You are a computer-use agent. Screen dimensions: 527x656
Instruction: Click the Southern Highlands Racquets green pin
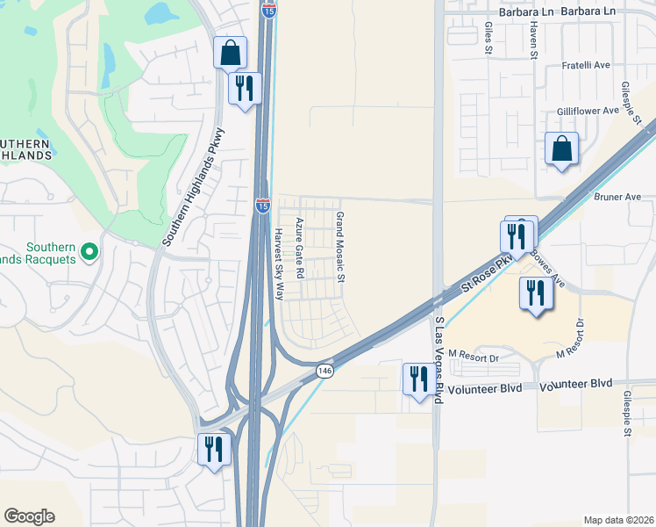[x=89, y=253]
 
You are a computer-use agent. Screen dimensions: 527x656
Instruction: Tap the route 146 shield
[x=324, y=372]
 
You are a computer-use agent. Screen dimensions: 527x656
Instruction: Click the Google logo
[x=29, y=516]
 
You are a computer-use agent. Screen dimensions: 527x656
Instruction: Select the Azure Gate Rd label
[x=299, y=249]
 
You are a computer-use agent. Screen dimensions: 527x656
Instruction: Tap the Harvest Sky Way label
[x=278, y=264]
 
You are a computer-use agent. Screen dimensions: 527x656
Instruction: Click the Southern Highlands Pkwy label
[x=195, y=187]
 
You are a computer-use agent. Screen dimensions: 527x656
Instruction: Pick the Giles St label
[x=488, y=39]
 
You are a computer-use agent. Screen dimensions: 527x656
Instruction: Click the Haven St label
[x=532, y=41]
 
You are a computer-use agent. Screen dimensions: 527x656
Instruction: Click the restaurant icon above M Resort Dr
[x=534, y=293]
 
